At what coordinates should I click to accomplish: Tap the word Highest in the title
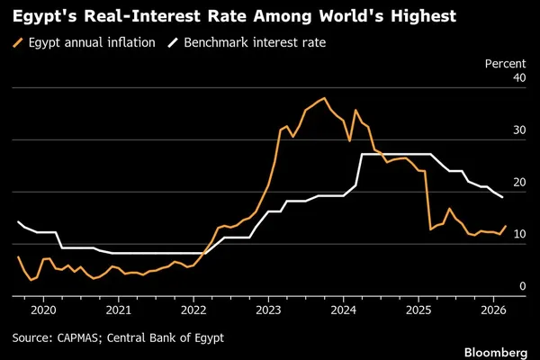[x=423, y=16]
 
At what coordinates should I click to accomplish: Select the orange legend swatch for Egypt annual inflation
[x=18, y=42]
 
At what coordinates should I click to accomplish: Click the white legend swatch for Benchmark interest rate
[x=173, y=42]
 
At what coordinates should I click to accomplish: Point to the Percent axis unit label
[x=505, y=64]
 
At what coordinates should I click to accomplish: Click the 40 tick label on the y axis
[x=519, y=78]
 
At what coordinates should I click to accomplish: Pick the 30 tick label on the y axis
[x=519, y=130]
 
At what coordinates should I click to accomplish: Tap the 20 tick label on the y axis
[x=519, y=182]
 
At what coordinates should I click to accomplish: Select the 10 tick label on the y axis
[x=519, y=234]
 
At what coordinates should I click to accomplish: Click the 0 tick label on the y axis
[x=523, y=286]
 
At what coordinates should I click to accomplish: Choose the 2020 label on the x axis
[x=43, y=310]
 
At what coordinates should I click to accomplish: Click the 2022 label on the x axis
[x=193, y=310]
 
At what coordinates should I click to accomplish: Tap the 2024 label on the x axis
[x=344, y=310]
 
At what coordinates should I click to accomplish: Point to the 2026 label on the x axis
[x=493, y=310]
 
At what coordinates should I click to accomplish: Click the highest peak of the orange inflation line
[x=324, y=98]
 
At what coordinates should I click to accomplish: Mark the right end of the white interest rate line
[x=502, y=197]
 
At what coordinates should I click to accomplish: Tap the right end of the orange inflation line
[x=506, y=226]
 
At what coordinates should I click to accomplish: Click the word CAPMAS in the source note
[x=77, y=338]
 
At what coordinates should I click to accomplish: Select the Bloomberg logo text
[x=496, y=353]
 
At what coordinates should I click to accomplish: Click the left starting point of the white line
[x=18, y=222]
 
